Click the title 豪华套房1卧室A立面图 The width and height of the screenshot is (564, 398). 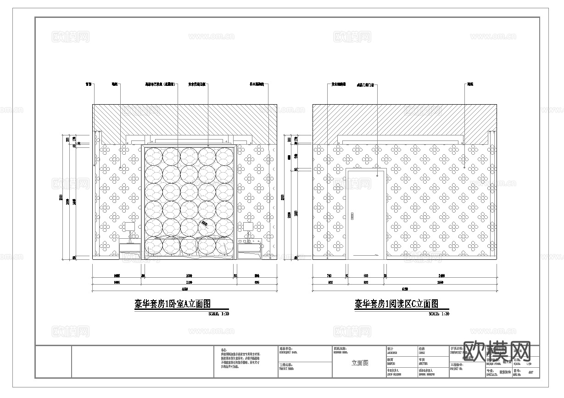point(174,303)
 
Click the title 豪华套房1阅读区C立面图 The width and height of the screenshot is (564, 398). point(396,303)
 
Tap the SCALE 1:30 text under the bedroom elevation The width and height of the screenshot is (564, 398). point(218,314)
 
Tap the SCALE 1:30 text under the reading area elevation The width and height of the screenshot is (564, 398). point(439,314)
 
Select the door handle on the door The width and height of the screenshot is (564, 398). point(352,216)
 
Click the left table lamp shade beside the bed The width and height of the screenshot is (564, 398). point(129,226)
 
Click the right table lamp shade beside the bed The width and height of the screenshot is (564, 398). point(248,226)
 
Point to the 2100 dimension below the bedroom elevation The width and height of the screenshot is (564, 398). point(189,283)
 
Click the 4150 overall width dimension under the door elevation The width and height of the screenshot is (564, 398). point(405,289)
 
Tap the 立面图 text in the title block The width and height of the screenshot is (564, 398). point(360,363)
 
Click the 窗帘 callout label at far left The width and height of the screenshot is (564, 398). point(89,84)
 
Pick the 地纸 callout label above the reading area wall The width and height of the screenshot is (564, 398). point(470,84)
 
